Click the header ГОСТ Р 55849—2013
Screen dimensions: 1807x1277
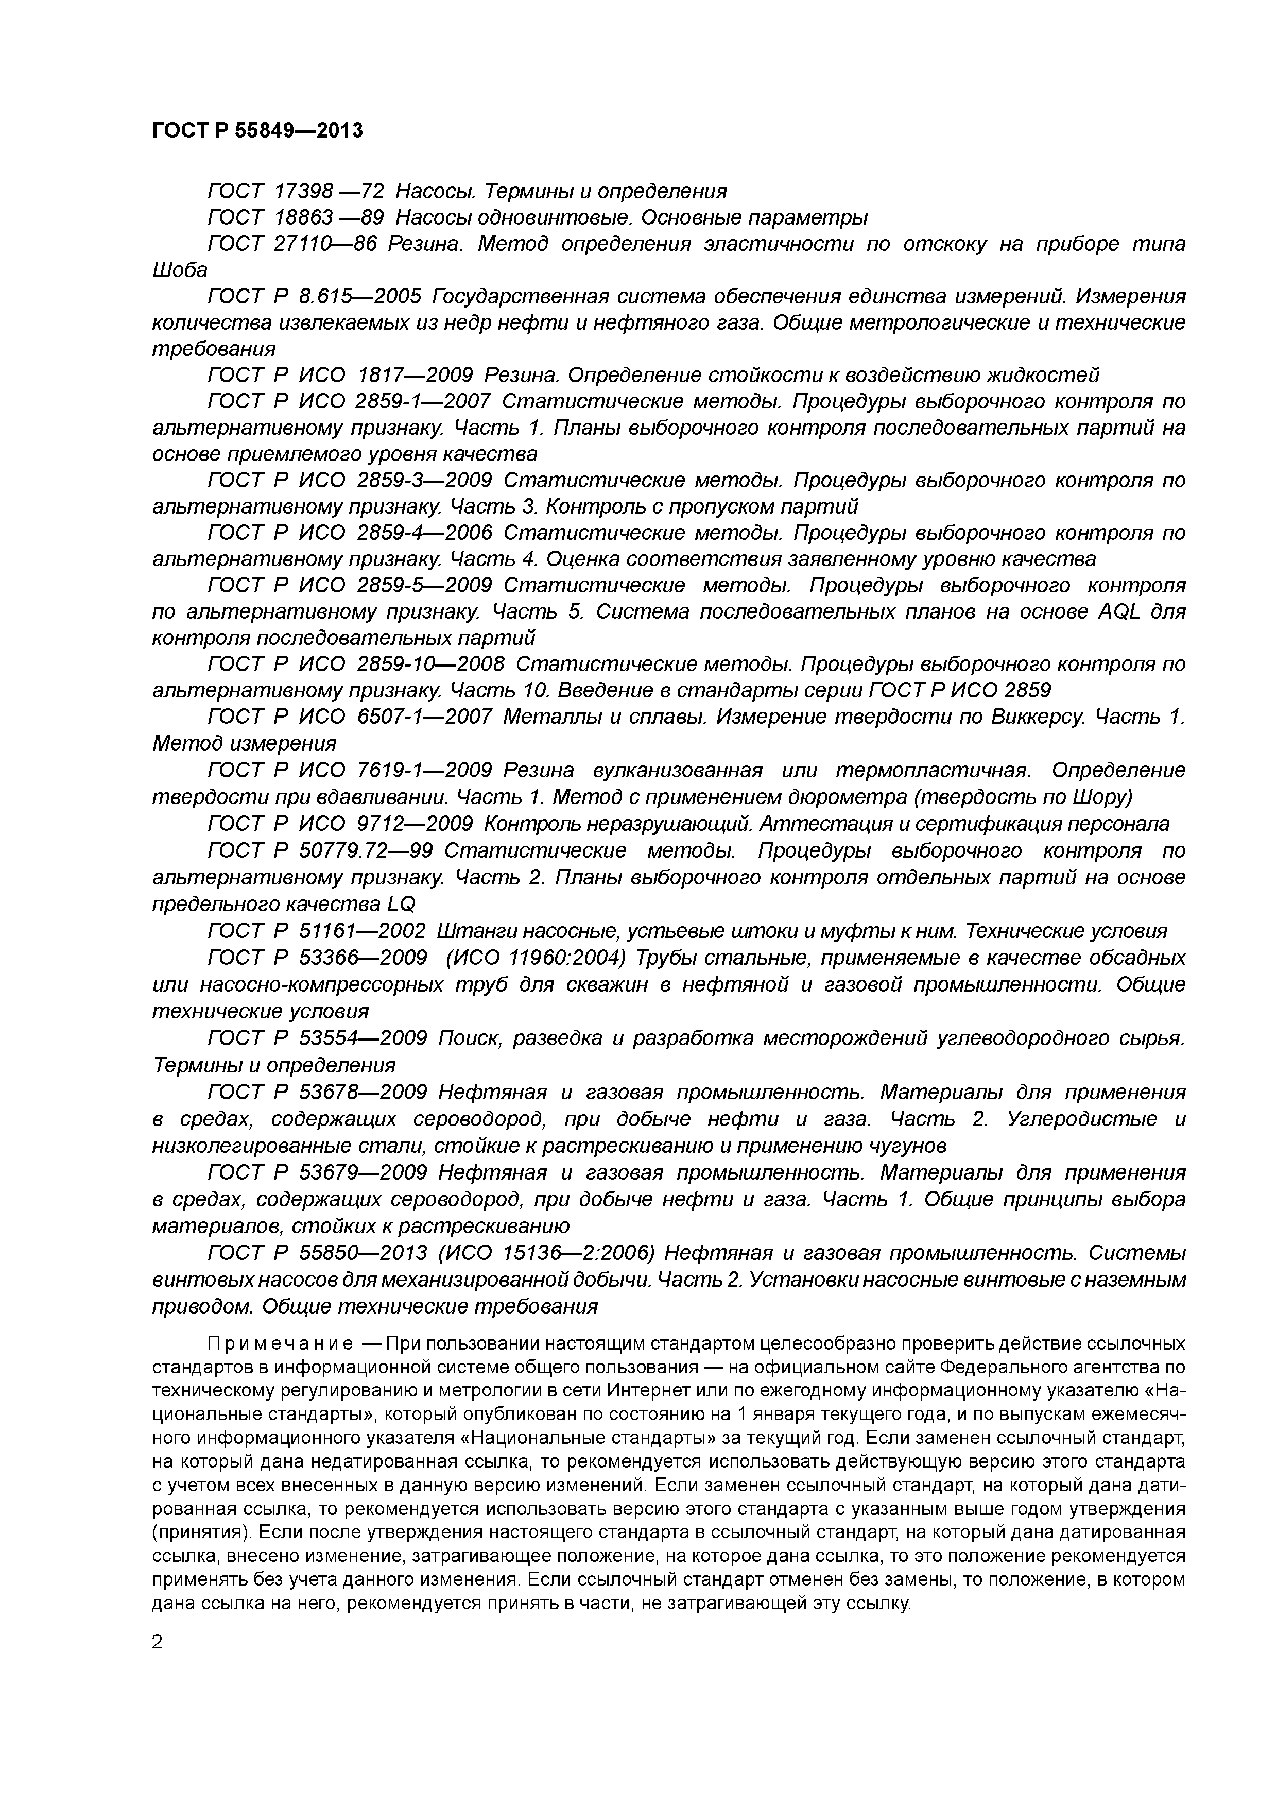(257, 131)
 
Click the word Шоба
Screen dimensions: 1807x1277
(179, 271)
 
